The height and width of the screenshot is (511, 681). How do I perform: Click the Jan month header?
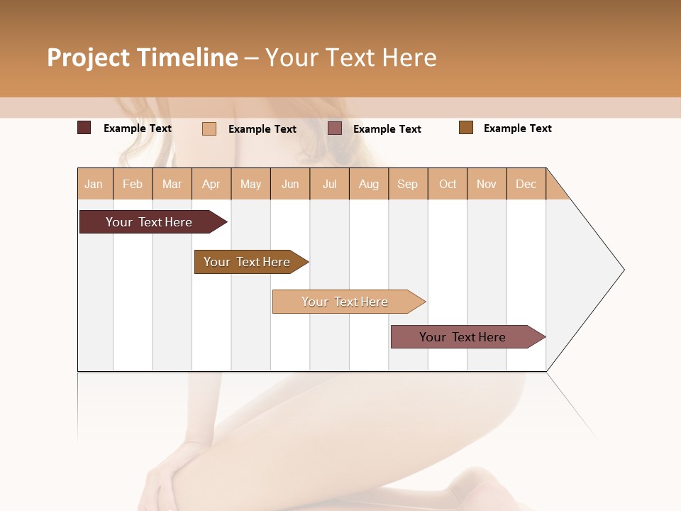pos(94,184)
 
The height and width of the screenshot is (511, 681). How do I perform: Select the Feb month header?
pos(133,184)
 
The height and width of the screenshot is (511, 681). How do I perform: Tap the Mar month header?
pos(172,184)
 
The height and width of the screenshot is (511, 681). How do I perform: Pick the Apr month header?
pos(211,184)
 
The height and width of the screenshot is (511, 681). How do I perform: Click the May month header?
pos(250,184)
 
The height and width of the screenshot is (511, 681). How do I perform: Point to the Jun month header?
pos(290,184)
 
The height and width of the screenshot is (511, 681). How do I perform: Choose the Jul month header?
pos(329,184)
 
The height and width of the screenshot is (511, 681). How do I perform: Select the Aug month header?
pos(369,184)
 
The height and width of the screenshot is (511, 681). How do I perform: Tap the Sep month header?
pos(408,184)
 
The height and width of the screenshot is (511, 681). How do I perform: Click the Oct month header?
pos(448,184)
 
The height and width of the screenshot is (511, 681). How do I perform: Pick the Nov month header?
pos(487,184)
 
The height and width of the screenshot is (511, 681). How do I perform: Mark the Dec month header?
pos(526,184)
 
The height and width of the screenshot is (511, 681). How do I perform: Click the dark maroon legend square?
pos(84,128)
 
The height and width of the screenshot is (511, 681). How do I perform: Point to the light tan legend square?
pos(209,128)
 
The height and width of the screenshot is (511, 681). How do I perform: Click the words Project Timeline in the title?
pos(143,57)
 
